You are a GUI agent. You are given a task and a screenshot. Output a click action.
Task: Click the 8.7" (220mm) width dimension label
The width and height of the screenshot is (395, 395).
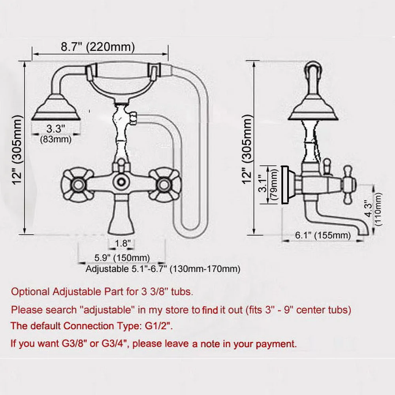[98, 47]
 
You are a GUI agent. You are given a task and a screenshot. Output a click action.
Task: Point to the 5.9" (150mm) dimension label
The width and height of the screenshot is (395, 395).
[122, 258]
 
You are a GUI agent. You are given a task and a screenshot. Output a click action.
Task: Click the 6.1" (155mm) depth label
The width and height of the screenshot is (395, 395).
[322, 236]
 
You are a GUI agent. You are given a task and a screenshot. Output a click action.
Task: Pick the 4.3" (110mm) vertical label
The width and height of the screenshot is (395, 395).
[373, 209]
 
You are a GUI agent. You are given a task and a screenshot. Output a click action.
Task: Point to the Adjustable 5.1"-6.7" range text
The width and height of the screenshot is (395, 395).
[163, 269]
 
